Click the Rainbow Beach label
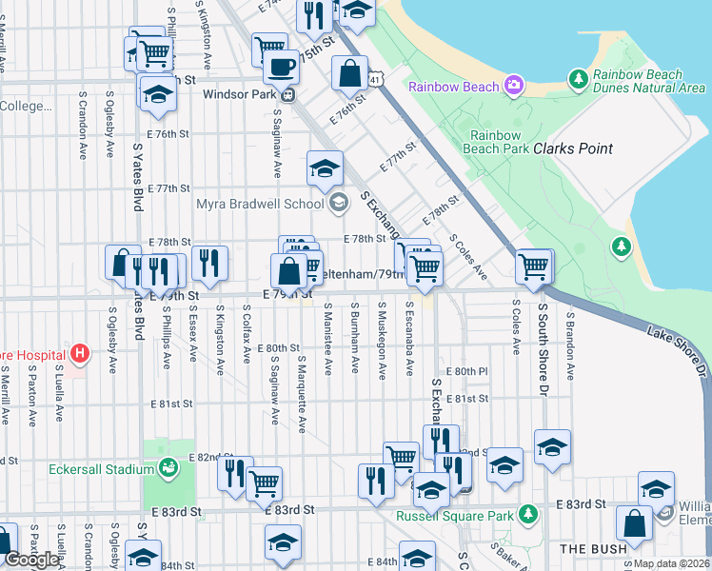454,88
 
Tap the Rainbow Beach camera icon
515,87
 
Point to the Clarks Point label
572,149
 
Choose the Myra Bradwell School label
260,203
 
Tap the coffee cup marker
280,67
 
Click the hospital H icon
81,354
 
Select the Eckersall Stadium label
101,469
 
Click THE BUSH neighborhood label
593,549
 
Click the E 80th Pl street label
465,370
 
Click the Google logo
30,560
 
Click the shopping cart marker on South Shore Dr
535,266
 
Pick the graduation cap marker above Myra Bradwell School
325,168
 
